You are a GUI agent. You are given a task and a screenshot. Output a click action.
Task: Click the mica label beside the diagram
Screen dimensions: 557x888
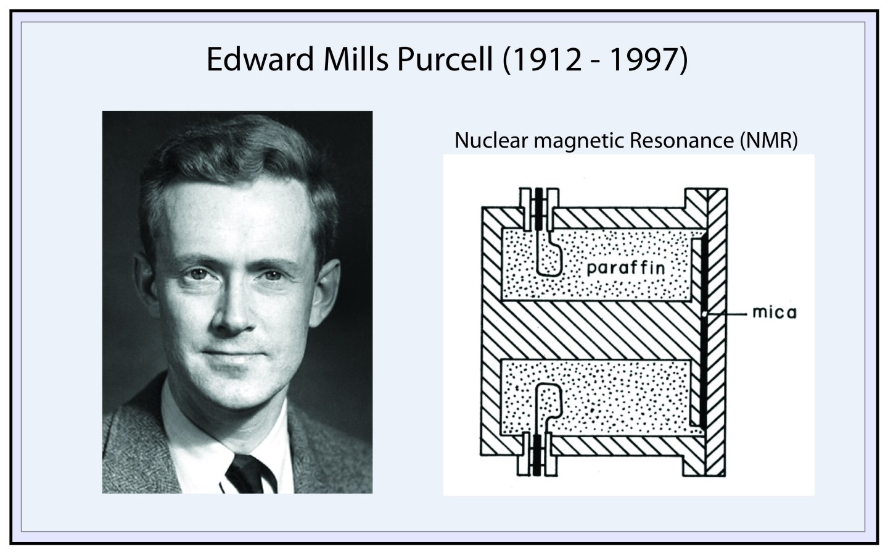775,313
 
